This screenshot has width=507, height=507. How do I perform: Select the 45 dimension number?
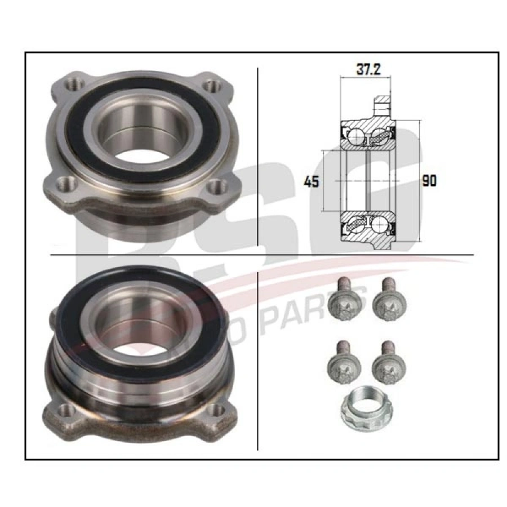[312, 181]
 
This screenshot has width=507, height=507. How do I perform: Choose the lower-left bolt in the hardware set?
[339, 365]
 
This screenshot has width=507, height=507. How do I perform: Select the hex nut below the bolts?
[361, 406]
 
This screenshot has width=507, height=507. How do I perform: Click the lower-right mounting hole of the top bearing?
[216, 187]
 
